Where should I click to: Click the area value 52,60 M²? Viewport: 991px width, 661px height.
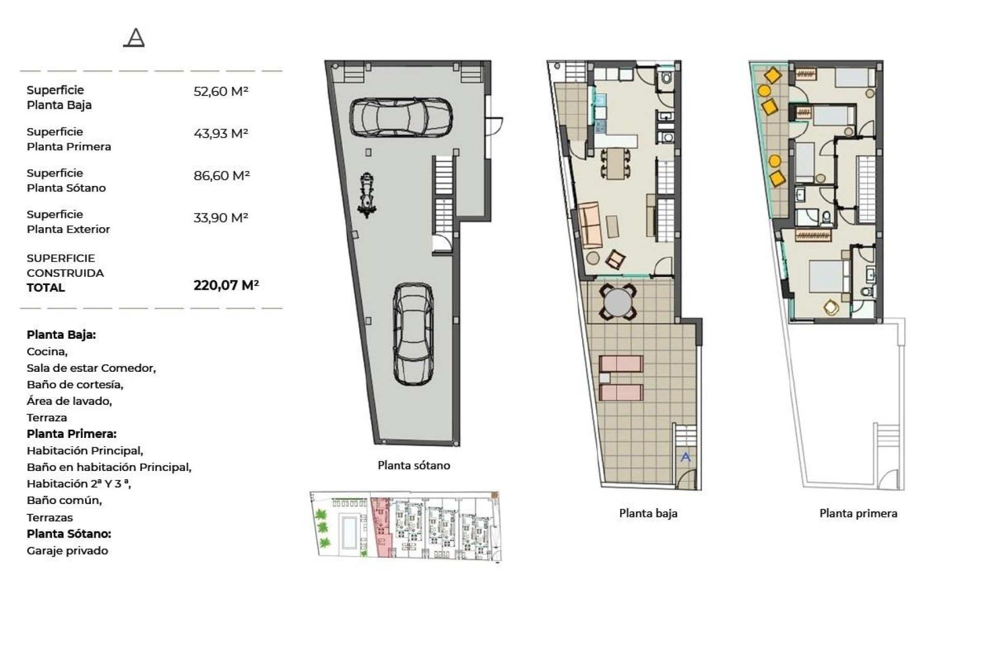(x=220, y=91)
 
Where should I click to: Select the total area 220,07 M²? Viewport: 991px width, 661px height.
(x=226, y=285)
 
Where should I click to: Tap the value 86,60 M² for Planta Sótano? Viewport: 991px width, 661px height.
(x=221, y=176)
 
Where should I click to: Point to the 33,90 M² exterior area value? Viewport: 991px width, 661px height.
(x=220, y=218)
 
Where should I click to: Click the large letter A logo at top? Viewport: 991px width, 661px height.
(x=134, y=38)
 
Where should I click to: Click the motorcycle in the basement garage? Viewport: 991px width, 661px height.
(x=367, y=196)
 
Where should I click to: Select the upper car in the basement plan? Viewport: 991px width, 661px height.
(x=401, y=118)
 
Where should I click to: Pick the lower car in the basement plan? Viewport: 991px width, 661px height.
(x=413, y=334)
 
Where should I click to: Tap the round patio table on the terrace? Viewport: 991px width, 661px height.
(x=618, y=303)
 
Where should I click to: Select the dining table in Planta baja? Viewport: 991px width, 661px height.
(x=614, y=163)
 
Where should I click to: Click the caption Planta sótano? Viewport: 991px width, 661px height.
(x=413, y=466)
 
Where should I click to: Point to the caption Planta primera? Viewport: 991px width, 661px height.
(x=858, y=513)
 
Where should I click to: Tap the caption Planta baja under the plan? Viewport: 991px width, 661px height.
(x=648, y=513)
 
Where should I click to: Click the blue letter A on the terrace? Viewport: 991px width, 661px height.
(x=685, y=457)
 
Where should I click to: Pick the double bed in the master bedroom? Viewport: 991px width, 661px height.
(x=827, y=281)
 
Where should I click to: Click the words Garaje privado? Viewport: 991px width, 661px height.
(x=67, y=551)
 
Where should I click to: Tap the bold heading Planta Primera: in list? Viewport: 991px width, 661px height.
(x=71, y=434)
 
